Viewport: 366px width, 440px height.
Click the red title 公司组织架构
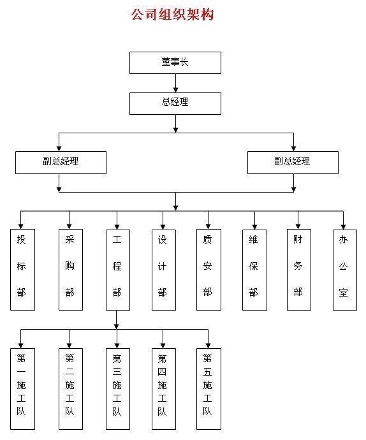[172, 14]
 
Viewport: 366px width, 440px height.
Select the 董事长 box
[175, 63]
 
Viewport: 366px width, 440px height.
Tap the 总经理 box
[175, 103]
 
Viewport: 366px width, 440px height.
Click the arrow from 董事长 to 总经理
[176, 84]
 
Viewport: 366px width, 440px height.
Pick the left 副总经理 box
[61, 163]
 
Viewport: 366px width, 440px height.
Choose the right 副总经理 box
[293, 163]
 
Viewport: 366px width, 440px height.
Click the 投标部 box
[22, 270]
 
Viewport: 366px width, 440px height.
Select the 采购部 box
[71, 270]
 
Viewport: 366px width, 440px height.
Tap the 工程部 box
[118, 270]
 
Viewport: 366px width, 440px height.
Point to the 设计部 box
[164, 270]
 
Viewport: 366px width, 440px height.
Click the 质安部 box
[209, 270]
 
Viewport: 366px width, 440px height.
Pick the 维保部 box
[254, 270]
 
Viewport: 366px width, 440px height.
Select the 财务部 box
[299, 270]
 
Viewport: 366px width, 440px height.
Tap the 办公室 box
[345, 270]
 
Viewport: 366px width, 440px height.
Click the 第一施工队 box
[22, 389]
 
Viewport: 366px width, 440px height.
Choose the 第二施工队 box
[71, 389]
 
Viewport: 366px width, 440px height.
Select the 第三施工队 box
[118, 389]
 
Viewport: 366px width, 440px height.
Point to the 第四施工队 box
[164, 389]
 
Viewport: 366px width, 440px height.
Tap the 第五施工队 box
[209, 389]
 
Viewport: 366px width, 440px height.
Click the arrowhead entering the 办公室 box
[343, 227]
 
